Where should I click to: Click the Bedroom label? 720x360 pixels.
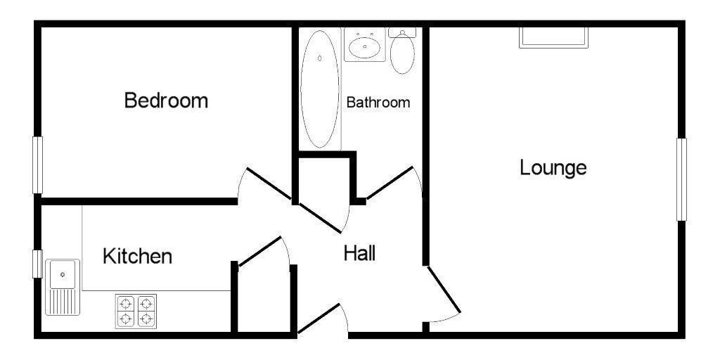point(166,100)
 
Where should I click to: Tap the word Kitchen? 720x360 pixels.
point(137,256)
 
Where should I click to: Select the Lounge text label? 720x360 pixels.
point(553,168)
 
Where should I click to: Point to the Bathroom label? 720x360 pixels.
point(378,102)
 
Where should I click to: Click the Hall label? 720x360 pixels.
point(359,253)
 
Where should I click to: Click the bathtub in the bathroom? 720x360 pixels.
point(320,89)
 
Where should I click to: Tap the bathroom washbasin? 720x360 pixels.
point(365,46)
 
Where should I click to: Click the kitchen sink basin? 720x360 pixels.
point(63,274)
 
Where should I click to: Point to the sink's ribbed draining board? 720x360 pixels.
point(63,302)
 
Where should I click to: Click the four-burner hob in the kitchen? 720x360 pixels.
point(136,311)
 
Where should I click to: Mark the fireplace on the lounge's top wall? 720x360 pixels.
point(553,37)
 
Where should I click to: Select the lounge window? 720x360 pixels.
point(681,179)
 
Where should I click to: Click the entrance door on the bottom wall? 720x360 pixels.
point(319,319)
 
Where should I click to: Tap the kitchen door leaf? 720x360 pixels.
point(260,251)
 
